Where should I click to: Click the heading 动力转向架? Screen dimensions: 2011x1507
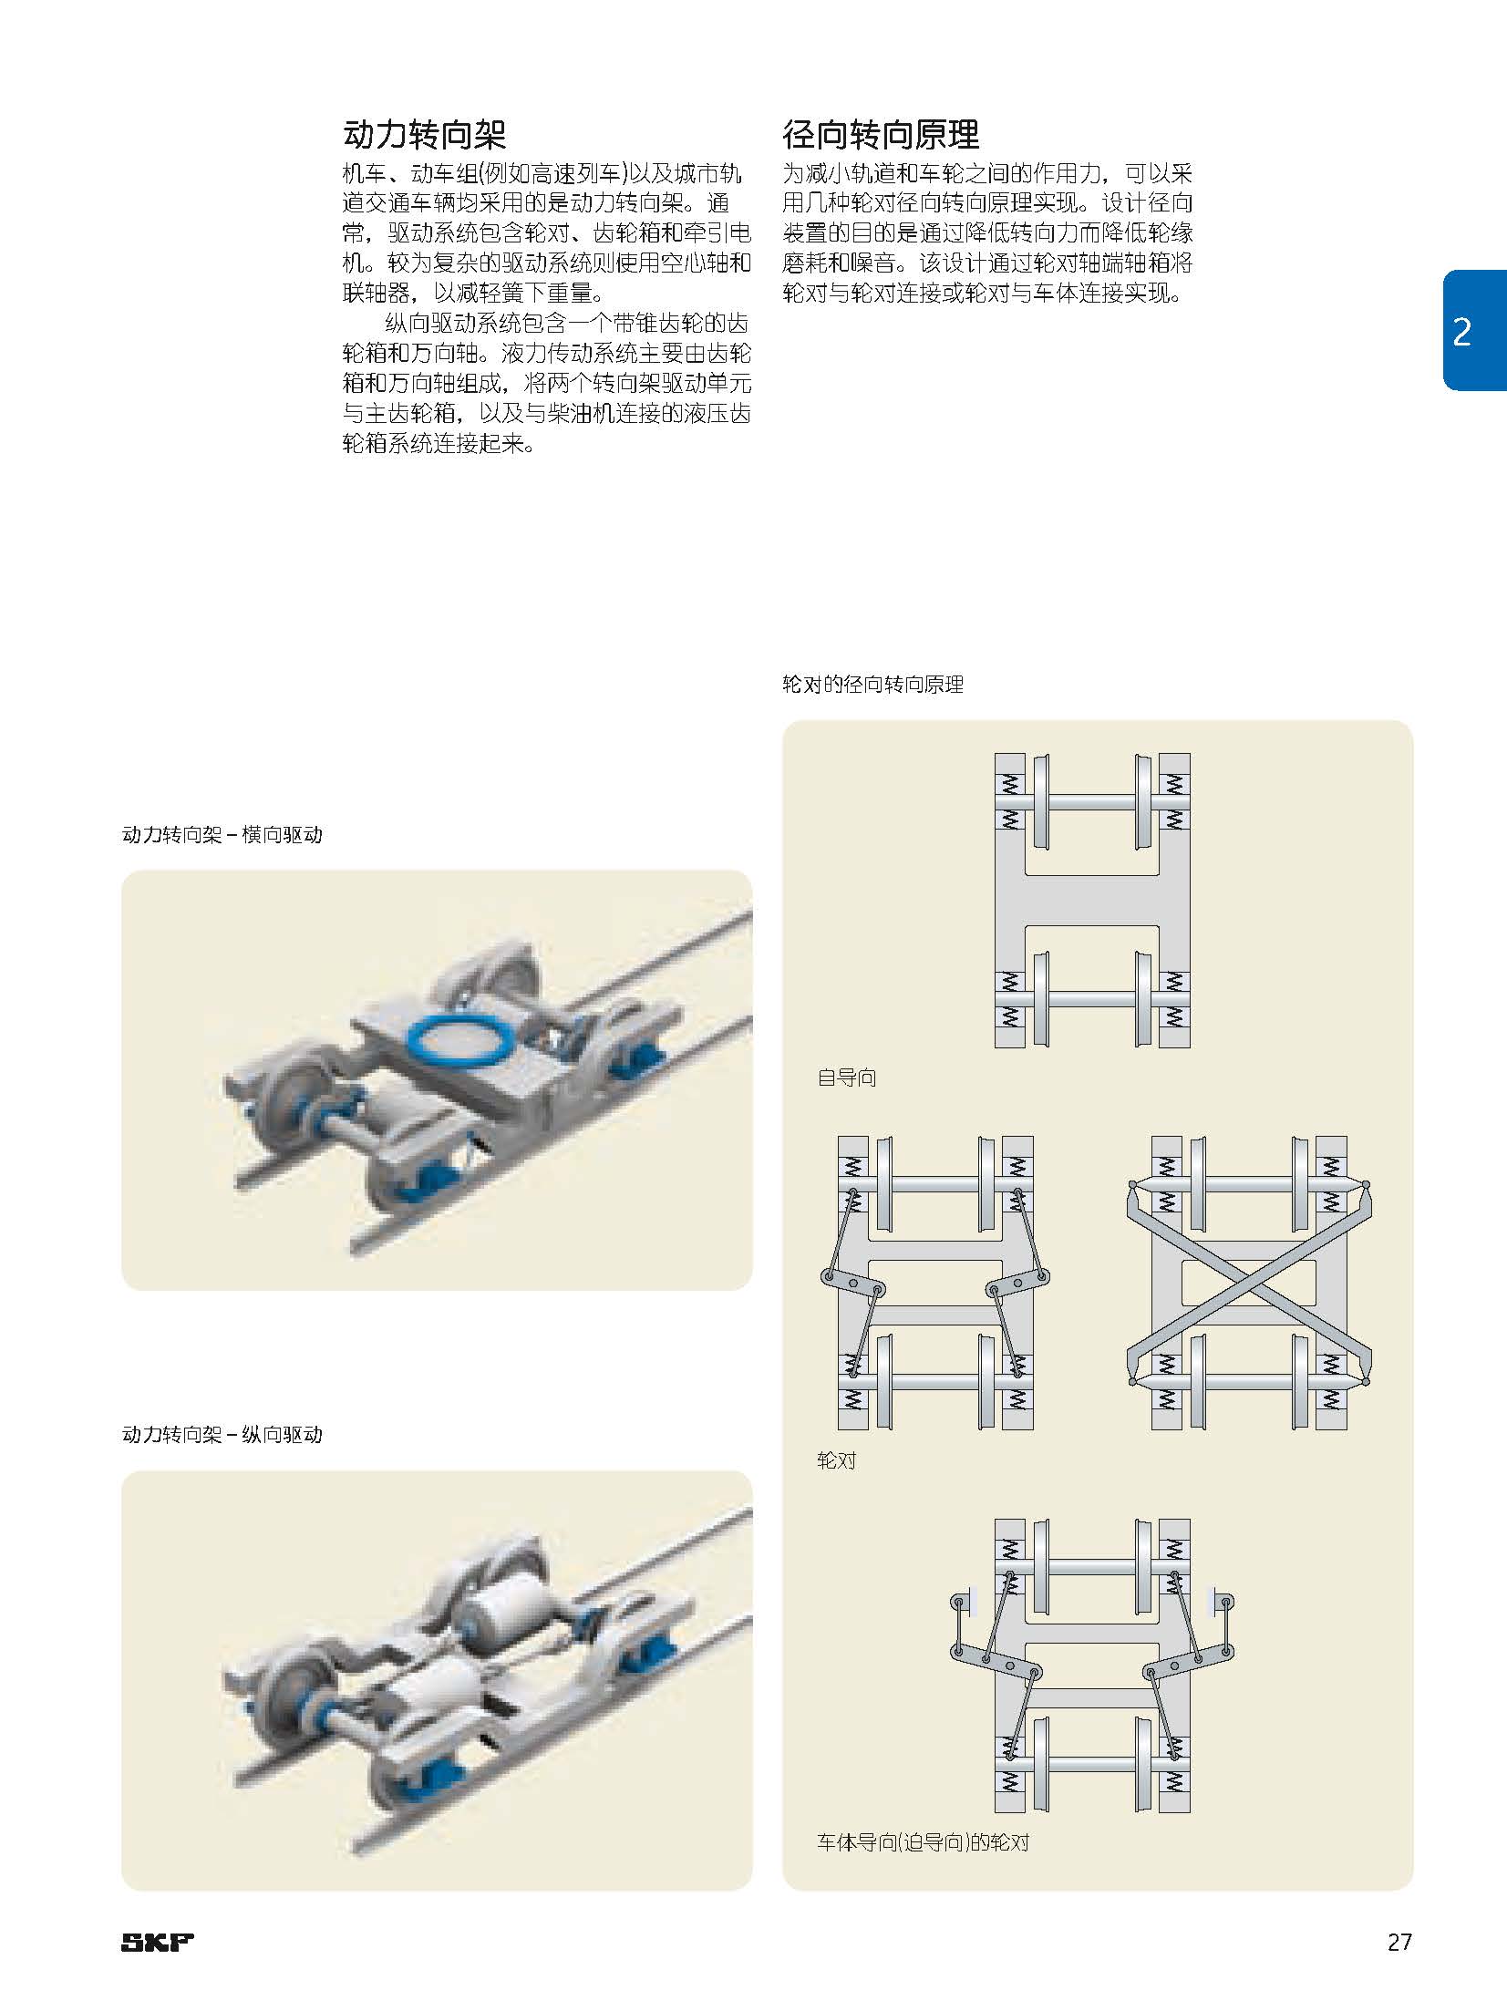coord(424,135)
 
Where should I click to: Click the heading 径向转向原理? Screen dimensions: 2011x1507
coord(881,135)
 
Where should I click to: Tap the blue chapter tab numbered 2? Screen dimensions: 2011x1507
coord(1469,332)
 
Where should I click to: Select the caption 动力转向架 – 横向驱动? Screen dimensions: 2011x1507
coord(222,835)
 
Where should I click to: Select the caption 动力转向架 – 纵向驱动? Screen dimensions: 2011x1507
coord(222,1435)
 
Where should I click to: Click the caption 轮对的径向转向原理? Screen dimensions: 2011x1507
coord(872,685)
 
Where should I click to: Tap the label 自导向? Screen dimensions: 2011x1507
coord(846,1078)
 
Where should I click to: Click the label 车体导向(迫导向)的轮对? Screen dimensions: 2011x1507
coord(922,1842)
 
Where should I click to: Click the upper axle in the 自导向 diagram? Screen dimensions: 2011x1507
coord(1091,803)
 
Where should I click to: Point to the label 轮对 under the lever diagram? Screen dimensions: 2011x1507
coord(836,1460)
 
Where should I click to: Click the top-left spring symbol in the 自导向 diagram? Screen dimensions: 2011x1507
coord(1008,783)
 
